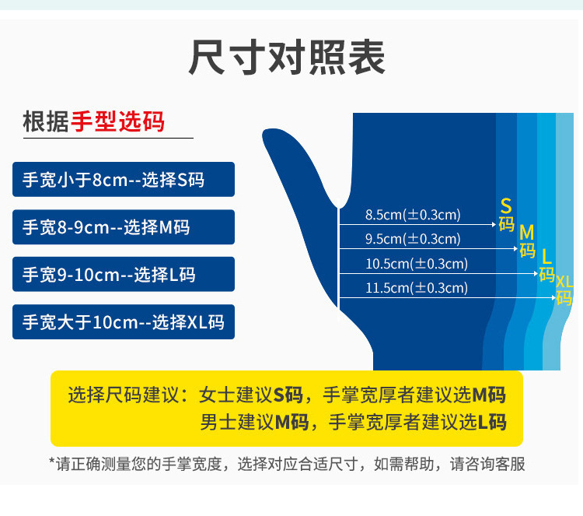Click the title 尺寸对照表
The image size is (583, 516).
click(x=287, y=58)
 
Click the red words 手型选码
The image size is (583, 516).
click(x=117, y=122)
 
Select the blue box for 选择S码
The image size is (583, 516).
click(x=124, y=180)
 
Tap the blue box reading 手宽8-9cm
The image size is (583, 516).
click(x=124, y=227)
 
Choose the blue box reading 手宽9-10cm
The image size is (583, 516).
click(x=124, y=274)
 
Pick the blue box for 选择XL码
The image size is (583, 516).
click(x=124, y=321)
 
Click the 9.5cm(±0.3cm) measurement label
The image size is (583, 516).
click(x=413, y=239)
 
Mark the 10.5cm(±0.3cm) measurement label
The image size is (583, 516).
click(x=417, y=264)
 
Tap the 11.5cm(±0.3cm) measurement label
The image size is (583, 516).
click(x=417, y=288)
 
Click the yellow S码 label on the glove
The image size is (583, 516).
click(x=507, y=216)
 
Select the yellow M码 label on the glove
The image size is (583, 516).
click(x=528, y=241)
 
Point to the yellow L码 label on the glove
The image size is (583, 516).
click(x=547, y=265)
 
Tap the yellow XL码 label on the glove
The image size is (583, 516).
click(x=564, y=289)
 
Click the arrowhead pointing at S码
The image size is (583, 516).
click(x=494, y=225)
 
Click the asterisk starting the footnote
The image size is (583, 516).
click(x=52, y=462)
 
